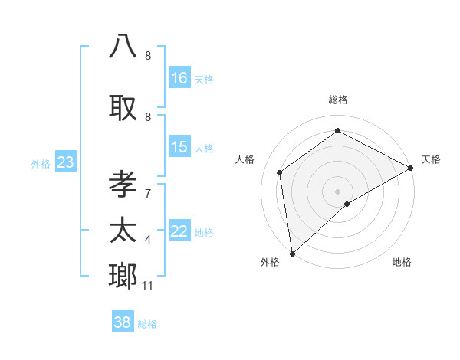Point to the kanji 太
123,230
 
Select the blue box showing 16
179,78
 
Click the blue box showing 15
179,147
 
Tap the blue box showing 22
179,232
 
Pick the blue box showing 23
65,162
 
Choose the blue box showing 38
123,322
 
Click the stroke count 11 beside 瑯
148,286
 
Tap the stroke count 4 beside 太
148,240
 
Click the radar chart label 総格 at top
337,100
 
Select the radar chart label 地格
402,262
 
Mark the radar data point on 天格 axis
411,169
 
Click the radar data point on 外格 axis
291,253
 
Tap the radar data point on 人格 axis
280,172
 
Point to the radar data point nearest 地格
347,204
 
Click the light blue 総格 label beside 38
147,324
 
